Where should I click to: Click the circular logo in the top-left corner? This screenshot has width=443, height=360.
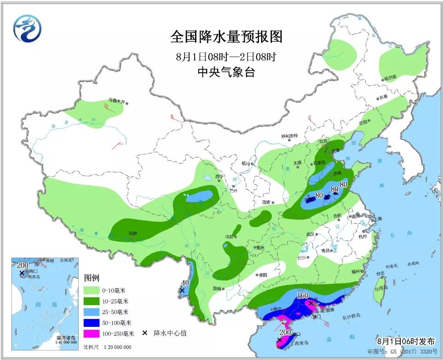[27, 29]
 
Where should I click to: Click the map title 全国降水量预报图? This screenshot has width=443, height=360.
[226, 36]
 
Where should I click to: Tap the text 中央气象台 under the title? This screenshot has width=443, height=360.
[226, 72]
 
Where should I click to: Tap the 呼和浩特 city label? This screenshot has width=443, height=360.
[289, 136]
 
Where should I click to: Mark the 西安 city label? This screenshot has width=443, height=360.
[266, 202]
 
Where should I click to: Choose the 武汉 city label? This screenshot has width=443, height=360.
[312, 234]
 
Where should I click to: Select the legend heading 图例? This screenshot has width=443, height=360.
[92, 278]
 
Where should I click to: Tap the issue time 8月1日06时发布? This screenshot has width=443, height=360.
[405, 341]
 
